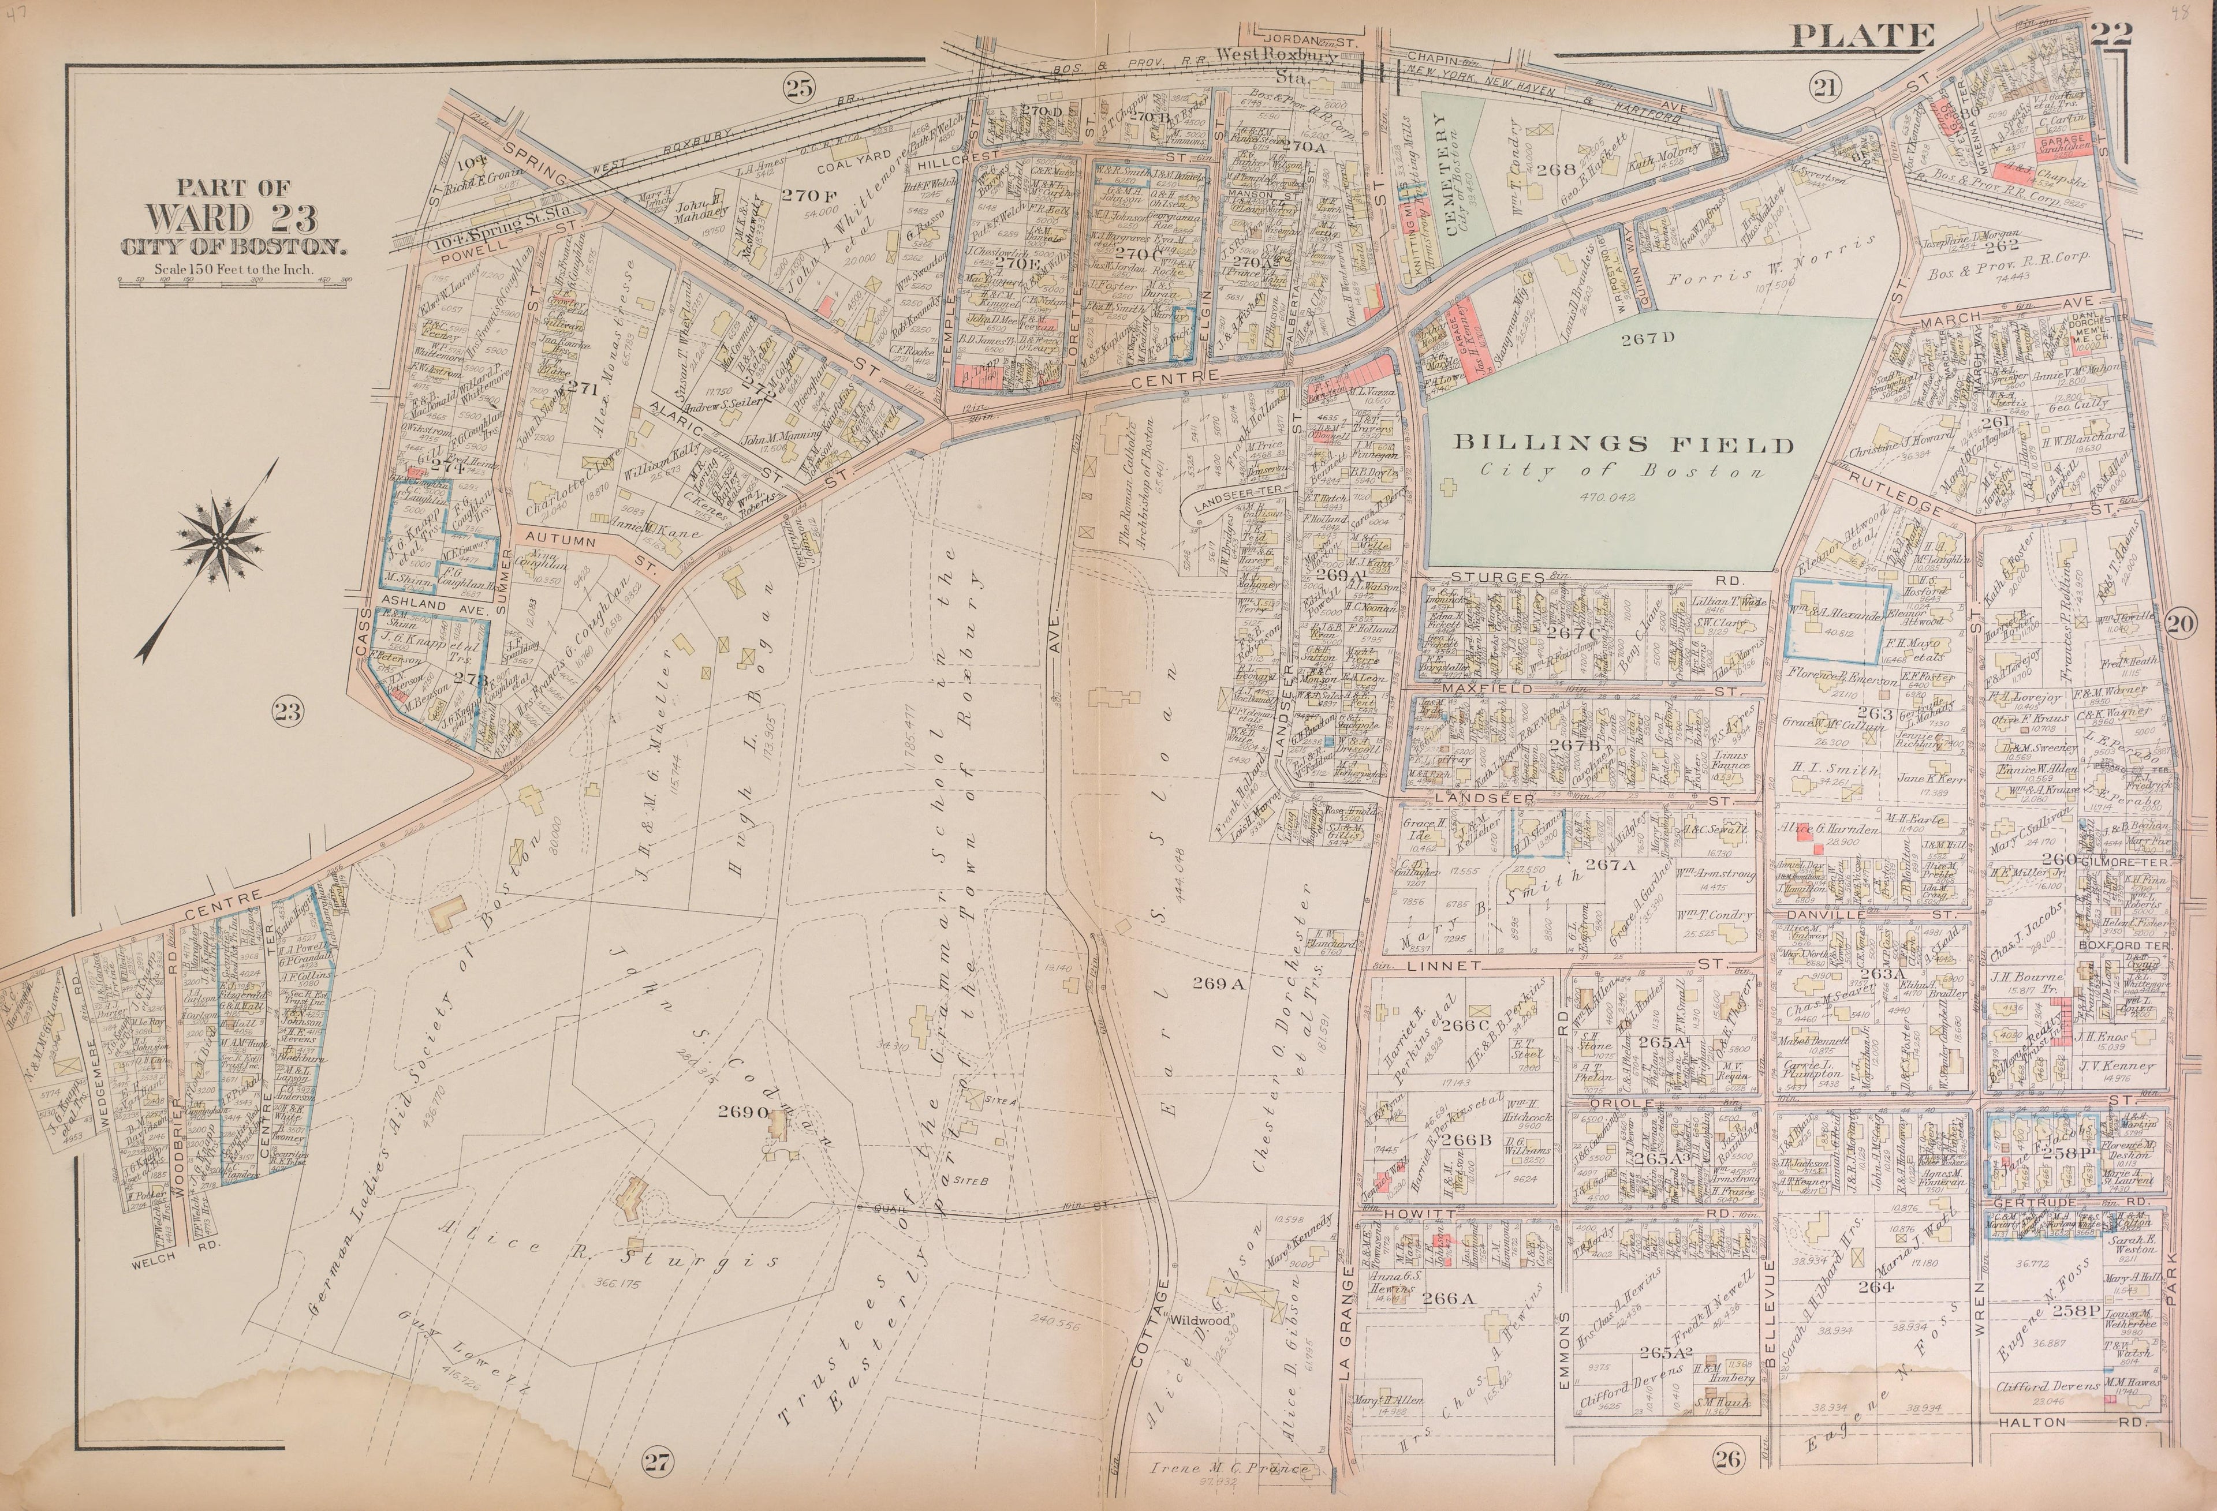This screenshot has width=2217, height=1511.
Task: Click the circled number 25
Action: coord(798,89)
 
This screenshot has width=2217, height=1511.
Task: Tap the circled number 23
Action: coord(288,710)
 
